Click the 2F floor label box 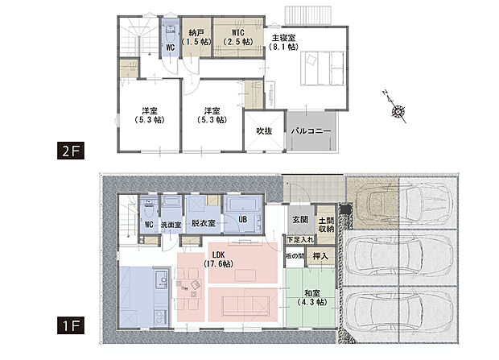coord(68,151)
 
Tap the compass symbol coord(396,114)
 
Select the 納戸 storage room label coord(194,35)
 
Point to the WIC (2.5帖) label coord(233,35)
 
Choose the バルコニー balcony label coord(311,130)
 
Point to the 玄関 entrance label coord(299,220)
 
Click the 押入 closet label coord(320,257)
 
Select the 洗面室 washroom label coord(172,224)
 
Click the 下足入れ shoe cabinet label coord(299,239)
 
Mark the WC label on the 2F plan coord(171,48)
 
